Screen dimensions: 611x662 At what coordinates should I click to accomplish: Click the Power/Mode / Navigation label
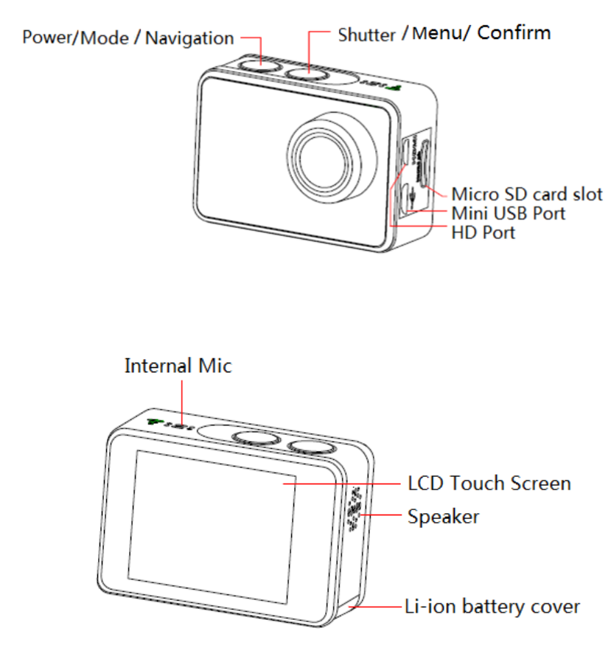128,38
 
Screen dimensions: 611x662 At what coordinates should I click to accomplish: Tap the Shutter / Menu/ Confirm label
444,33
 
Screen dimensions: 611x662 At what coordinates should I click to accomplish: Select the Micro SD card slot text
526,195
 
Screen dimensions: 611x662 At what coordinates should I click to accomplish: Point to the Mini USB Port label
508,214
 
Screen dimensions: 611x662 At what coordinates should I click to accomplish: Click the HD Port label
483,233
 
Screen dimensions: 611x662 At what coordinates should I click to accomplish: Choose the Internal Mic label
178,366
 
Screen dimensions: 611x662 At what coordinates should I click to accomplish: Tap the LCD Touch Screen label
489,484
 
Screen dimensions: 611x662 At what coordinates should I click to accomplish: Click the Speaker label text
443,516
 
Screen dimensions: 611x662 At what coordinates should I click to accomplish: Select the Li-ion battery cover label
492,607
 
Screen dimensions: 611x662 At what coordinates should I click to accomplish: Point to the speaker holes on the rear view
354,509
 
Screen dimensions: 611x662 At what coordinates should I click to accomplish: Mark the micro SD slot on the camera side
424,162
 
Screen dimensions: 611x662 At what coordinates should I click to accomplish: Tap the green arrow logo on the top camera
396,87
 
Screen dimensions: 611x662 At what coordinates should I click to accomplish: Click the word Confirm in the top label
514,32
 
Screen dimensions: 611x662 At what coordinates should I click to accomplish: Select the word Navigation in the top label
189,38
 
